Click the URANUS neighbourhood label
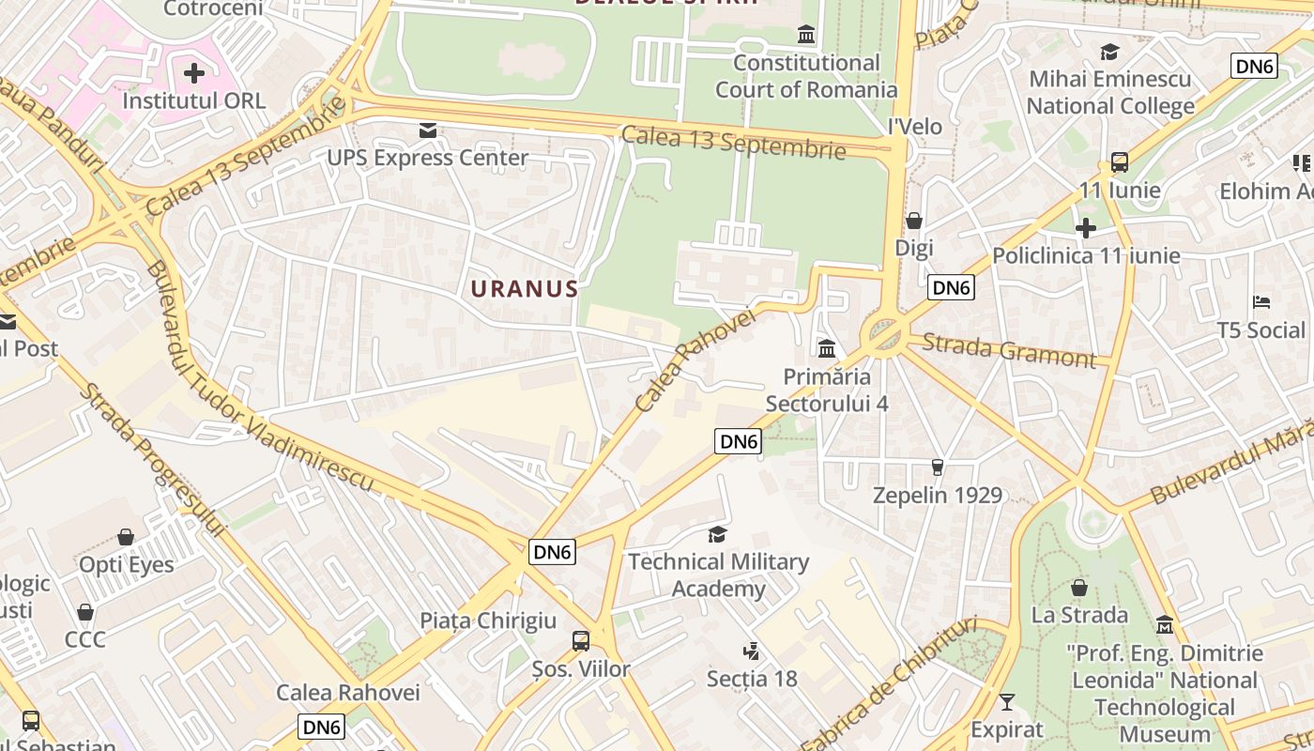524,288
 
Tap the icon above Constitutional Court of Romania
805,36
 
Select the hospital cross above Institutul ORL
194,73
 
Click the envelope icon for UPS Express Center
428,130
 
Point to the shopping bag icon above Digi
913,221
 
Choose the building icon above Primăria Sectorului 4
827,349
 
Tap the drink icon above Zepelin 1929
937,467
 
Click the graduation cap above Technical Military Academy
717,535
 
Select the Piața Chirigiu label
488,621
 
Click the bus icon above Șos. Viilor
581,641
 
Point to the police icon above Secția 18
751,651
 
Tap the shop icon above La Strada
1079,589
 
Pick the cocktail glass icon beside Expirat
1007,702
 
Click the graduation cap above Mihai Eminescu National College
1110,52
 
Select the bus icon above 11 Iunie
1119,162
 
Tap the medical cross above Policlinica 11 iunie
1085,228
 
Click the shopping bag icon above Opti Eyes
126,537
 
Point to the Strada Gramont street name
1008,350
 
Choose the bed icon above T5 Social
1261,302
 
